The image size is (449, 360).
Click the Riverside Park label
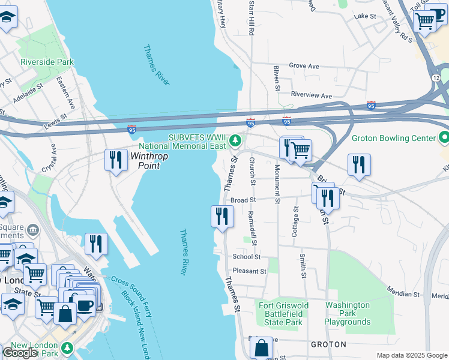pos(47,62)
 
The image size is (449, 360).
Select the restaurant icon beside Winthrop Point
pos(115,160)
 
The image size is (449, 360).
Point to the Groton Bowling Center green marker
pos(444,138)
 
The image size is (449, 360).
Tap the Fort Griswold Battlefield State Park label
pos(283,314)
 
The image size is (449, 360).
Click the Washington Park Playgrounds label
pos(348,313)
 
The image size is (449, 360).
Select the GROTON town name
pos(328,344)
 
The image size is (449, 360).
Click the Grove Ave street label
pos(304,66)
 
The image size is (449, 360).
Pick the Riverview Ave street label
pos(311,95)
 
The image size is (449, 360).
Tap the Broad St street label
pos(243,200)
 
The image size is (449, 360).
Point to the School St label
pos(246,257)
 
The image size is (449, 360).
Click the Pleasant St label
pos(249,271)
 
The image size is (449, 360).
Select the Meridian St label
pos(403,294)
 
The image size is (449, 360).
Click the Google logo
pos(20,353)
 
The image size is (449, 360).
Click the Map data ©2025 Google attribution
pos(411,355)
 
